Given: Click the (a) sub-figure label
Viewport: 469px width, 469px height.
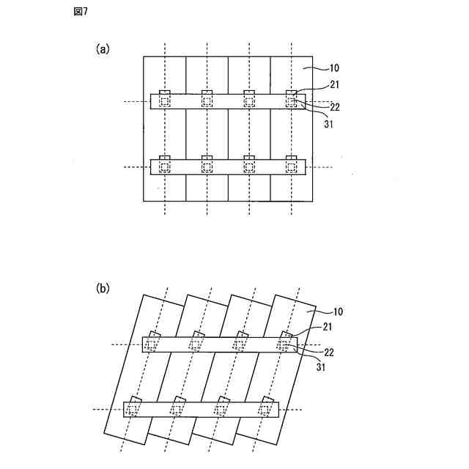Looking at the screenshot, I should [x=103, y=49].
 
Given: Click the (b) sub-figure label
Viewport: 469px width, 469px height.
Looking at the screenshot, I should [x=103, y=289].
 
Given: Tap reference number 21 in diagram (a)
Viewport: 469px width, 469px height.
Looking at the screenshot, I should [x=334, y=85].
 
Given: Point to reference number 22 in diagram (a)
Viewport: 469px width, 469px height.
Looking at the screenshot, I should [x=334, y=107].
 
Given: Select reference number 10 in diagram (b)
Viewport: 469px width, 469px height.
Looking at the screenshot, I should [x=333, y=311].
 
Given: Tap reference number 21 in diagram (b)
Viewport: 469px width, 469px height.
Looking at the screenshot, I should [x=328, y=325].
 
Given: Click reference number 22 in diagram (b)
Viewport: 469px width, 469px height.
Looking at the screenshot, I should [x=329, y=352].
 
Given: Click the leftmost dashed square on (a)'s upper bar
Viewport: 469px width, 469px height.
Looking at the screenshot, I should [x=165, y=101].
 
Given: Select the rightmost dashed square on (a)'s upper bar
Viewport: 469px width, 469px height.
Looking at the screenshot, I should [x=292, y=101].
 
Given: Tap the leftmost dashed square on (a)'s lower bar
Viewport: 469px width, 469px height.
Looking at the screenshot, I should [x=165, y=168].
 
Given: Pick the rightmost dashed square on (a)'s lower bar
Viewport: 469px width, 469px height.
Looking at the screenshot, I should [x=292, y=168].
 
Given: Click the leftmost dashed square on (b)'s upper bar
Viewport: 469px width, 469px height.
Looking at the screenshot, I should [x=151, y=344].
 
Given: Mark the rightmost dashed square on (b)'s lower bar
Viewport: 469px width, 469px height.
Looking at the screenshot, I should [x=265, y=410].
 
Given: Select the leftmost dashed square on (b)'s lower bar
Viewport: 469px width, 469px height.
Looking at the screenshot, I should [x=132, y=410].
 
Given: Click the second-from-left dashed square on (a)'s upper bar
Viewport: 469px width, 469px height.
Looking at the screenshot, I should [x=207, y=101].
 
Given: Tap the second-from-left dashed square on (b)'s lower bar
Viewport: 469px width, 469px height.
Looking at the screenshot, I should [x=176, y=410].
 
